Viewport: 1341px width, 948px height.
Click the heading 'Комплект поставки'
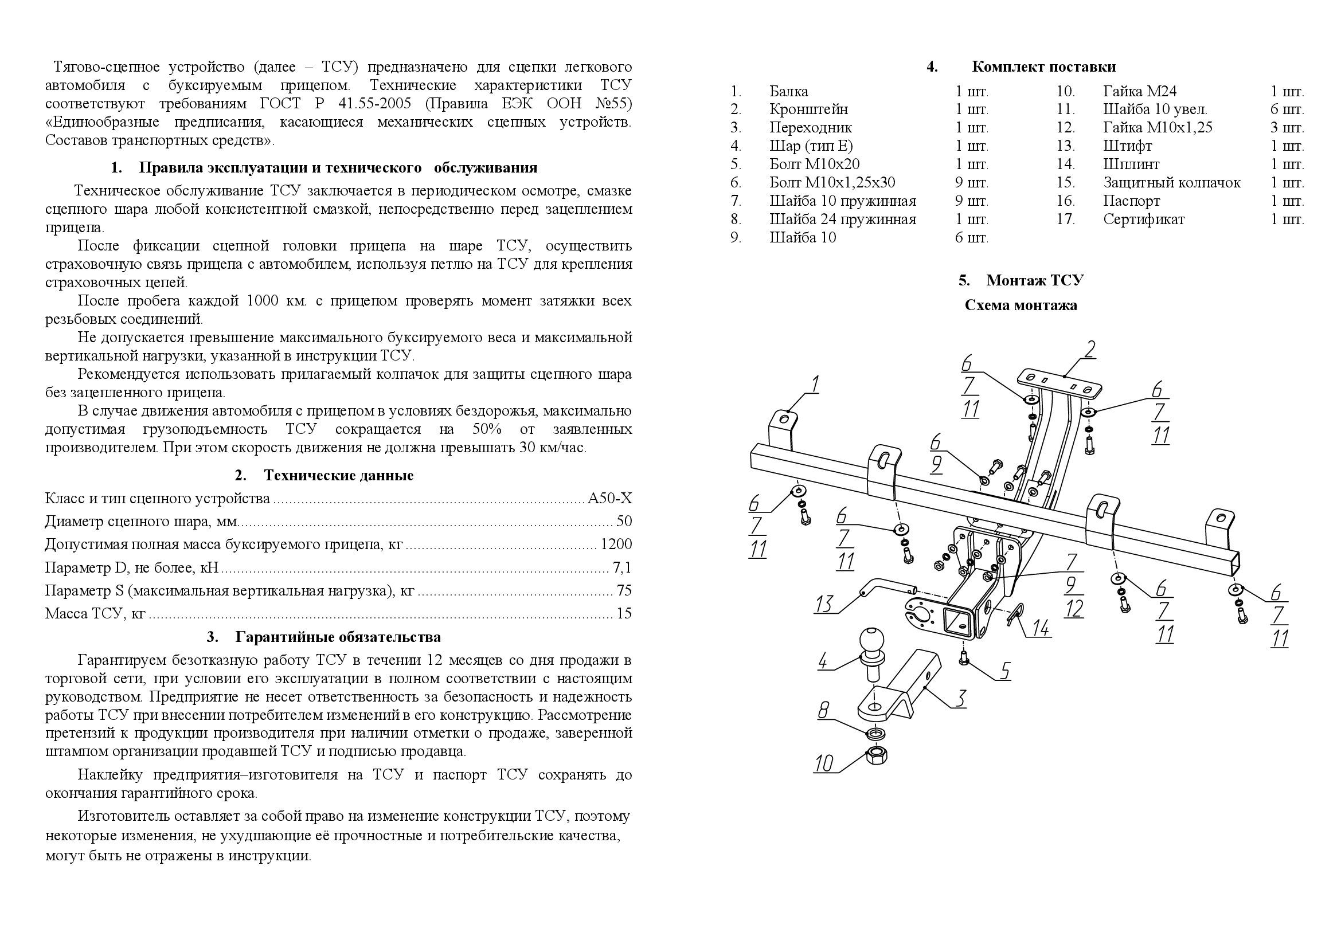1043,67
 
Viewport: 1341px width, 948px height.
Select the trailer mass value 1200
616,544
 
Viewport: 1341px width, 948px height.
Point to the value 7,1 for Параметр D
621,567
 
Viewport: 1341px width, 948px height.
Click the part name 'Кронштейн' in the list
808,109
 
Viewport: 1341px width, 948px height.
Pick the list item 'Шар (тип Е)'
811,146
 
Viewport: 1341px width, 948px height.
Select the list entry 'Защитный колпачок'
1171,183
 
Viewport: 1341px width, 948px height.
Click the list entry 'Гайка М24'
1140,91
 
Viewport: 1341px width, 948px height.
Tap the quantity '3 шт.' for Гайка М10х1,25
1287,127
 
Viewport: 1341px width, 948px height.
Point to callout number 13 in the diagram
823,604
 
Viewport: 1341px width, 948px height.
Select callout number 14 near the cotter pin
1040,628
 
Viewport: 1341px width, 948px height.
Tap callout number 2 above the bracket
1089,350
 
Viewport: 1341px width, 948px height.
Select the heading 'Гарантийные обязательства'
338,637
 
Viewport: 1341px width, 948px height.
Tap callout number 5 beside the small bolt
1004,671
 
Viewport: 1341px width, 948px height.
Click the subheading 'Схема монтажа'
1021,305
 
